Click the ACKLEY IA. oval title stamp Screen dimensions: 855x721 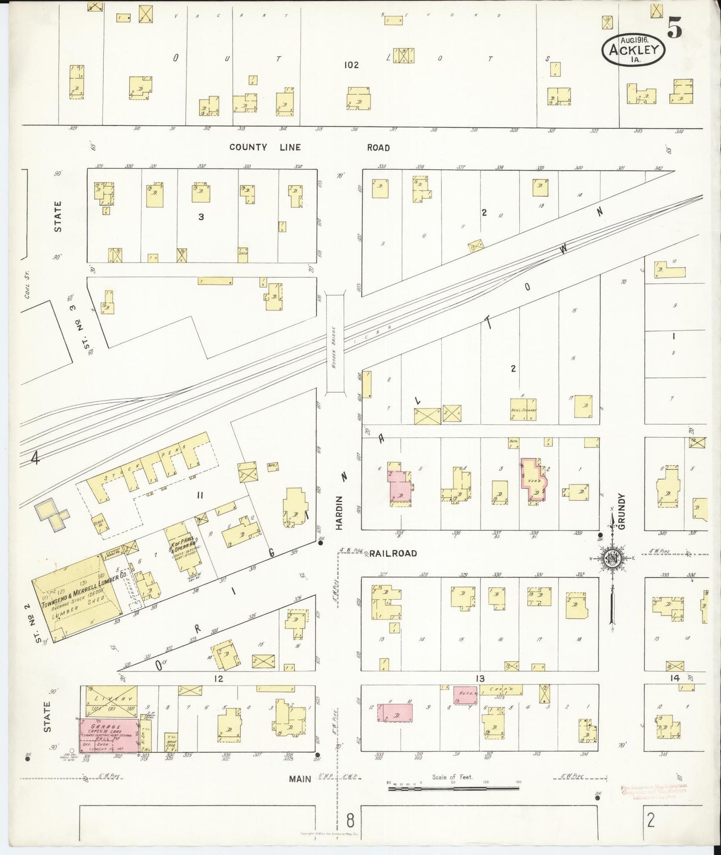point(634,50)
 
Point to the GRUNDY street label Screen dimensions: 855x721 point(621,512)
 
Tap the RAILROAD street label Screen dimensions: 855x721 point(393,553)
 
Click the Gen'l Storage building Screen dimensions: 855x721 point(523,410)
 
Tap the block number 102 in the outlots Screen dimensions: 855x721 point(351,65)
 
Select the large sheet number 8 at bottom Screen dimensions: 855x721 point(351,820)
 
